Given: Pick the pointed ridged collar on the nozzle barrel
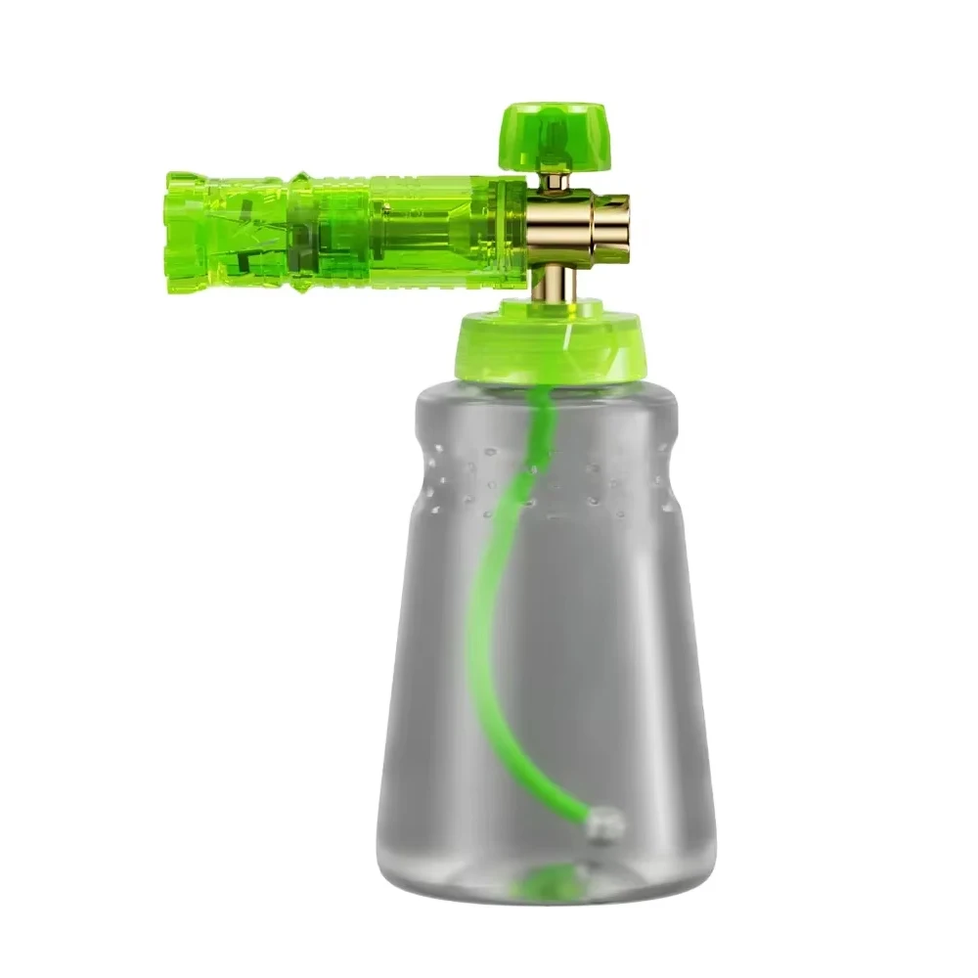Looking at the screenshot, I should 301,233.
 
